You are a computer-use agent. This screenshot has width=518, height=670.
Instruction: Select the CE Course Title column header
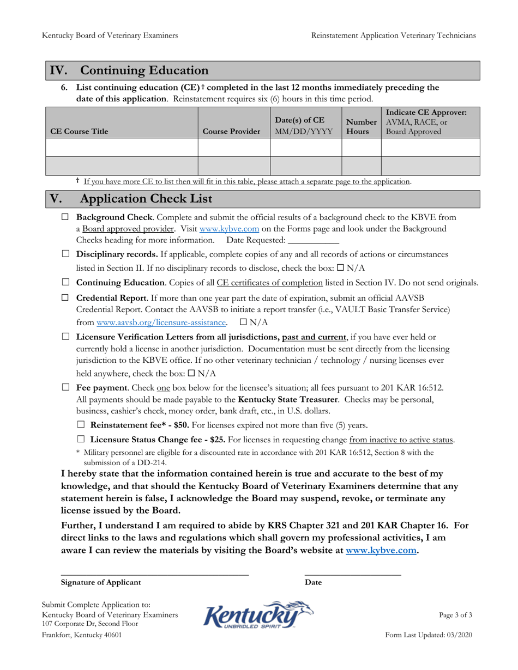79,131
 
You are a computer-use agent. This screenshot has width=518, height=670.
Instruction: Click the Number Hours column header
361,127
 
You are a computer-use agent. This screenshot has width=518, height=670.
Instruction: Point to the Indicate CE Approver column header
426,122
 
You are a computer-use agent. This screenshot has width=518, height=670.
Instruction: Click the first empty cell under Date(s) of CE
306,147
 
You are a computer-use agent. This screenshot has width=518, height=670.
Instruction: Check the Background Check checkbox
66,217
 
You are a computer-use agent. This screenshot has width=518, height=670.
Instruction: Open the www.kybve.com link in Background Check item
229,229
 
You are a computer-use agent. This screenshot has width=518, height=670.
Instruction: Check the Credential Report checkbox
66,297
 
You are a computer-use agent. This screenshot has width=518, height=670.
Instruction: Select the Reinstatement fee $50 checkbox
81,425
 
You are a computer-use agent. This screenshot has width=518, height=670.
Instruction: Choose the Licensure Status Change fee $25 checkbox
81,439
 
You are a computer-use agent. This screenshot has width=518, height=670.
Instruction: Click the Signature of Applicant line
154,571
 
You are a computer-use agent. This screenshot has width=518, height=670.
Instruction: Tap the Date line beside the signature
352,571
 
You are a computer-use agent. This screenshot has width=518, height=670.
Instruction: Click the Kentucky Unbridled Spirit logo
258,615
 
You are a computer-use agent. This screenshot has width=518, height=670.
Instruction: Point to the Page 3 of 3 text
455,615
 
